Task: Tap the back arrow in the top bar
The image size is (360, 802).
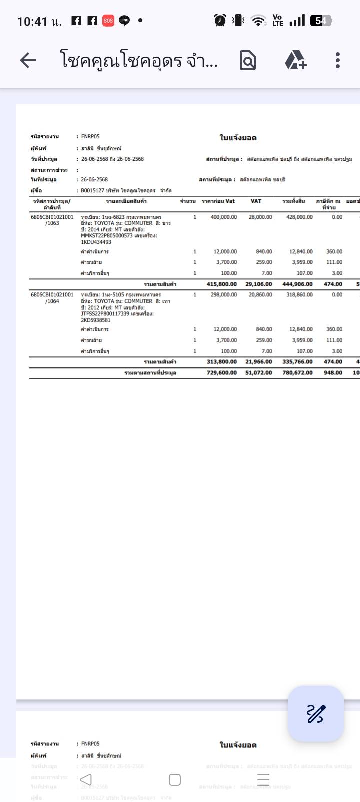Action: pyautogui.click(x=28, y=60)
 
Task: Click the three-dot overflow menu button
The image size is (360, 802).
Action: pyautogui.click(x=338, y=60)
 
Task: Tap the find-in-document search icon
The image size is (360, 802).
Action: pyautogui.click(x=247, y=60)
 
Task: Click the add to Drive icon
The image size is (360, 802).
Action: pyautogui.click(x=295, y=60)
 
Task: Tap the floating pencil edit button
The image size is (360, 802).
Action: pyautogui.click(x=315, y=713)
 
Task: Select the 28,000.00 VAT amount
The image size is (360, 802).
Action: pyautogui.click(x=260, y=217)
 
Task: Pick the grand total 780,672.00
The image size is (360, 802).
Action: pyautogui.click(x=297, y=373)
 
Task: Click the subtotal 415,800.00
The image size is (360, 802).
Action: pyautogui.click(x=222, y=284)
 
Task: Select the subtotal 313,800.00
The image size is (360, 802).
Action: pyautogui.click(x=222, y=362)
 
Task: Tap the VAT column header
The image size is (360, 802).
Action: pyautogui.click(x=256, y=201)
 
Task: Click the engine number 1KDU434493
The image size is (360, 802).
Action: pyautogui.click(x=96, y=242)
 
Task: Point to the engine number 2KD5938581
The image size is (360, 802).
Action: pyautogui.click(x=96, y=320)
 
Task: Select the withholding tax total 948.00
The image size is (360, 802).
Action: pyautogui.click(x=333, y=373)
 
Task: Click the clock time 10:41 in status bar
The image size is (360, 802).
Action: pyautogui.click(x=32, y=21)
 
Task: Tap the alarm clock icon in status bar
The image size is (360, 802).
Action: pyautogui.click(x=220, y=20)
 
